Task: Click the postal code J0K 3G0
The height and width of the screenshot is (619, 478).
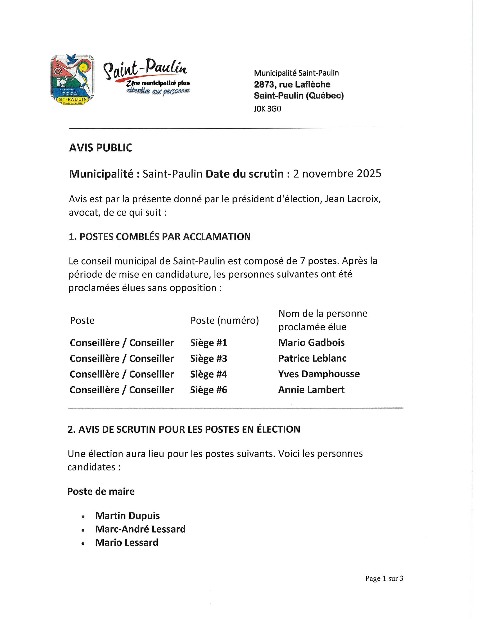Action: pyautogui.click(x=267, y=109)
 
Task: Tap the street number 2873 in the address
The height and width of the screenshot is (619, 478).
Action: pyautogui.click(x=264, y=84)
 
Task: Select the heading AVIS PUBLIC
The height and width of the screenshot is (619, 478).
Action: pyautogui.click(x=101, y=148)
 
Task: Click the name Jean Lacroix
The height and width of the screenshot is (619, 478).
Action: pyautogui.click(x=351, y=199)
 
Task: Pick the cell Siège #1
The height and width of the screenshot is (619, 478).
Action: pyautogui.click(x=208, y=343)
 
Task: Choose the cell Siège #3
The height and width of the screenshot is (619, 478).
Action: pyautogui.click(x=208, y=358)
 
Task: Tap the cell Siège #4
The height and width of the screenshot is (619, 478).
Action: pyautogui.click(x=208, y=374)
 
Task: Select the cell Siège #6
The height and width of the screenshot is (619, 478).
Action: pyautogui.click(x=208, y=390)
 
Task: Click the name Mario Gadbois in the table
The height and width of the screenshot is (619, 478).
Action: pyautogui.click(x=311, y=343)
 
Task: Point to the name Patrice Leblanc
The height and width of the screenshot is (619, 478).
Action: pyautogui.click(x=312, y=358)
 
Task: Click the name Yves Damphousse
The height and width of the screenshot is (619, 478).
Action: pyautogui.click(x=319, y=374)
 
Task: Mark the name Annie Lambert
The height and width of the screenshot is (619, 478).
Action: pyautogui.click(x=311, y=390)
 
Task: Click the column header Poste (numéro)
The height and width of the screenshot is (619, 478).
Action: pyautogui.click(x=225, y=320)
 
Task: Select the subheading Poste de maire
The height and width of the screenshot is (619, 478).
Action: pyautogui.click(x=101, y=491)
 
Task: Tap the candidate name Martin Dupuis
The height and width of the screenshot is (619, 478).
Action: pyautogui.click(x=127, y=515)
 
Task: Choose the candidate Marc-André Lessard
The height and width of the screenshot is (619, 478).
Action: pyautogui.click(x=140, y=529)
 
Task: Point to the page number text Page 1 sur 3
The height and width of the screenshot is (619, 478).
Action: pyautogui.click(x=384, y=578)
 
